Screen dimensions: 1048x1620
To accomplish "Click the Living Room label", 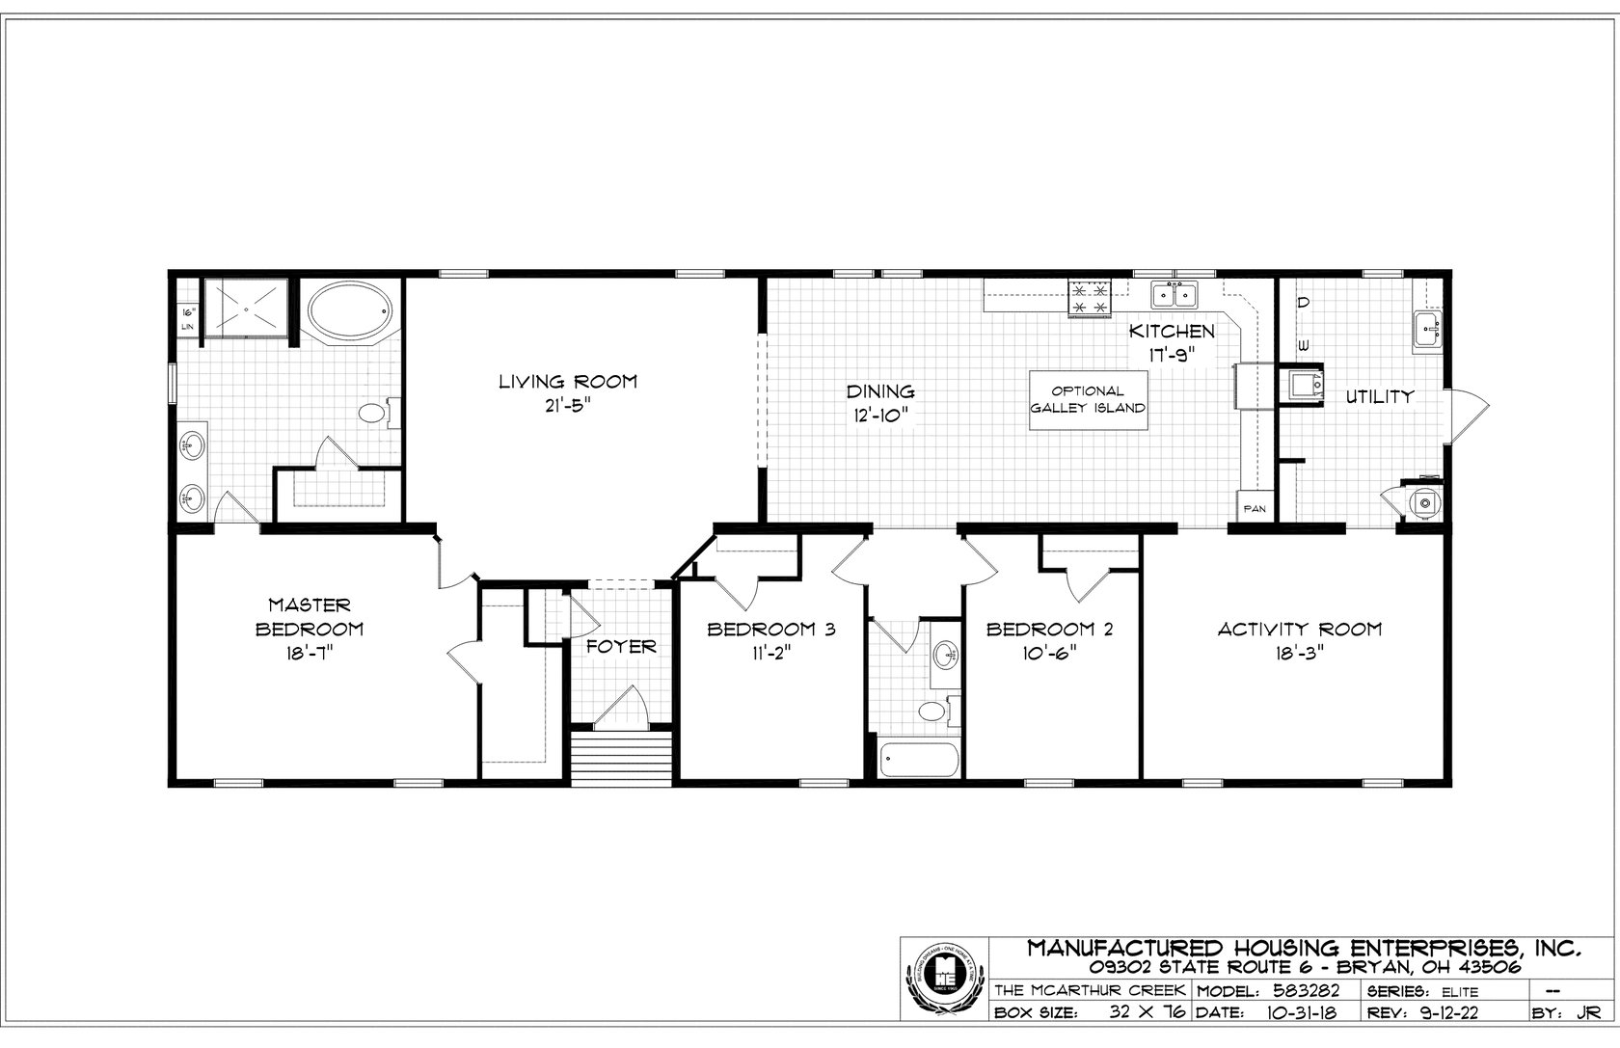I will click(567, 382).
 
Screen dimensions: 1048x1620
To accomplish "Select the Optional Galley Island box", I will click(1088, 400).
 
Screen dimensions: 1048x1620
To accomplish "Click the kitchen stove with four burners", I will click(1090, 297).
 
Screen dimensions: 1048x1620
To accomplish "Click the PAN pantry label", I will click(1254, 508).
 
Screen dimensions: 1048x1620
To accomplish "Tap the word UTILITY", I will click(1380, 396).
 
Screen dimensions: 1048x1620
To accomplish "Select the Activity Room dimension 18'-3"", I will click(1299, 652).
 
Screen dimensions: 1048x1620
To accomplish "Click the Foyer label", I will click(622, 646).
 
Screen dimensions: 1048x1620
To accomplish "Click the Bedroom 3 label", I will click(770, 630).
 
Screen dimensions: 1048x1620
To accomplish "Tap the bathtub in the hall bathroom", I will click(919, 759).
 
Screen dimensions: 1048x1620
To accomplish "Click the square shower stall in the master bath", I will click(245, 309).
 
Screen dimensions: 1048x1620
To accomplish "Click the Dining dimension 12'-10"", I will click(879, 415).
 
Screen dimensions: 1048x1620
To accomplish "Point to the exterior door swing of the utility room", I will click(1469, 414).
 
